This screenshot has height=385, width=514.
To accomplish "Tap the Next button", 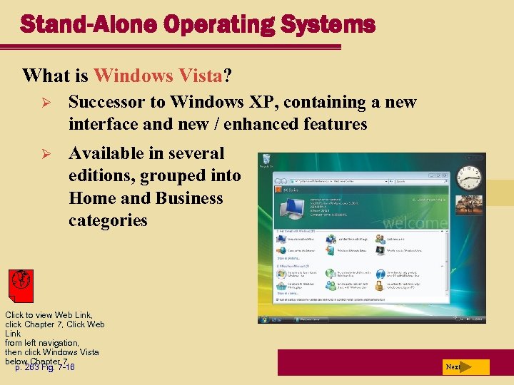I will point(465,367).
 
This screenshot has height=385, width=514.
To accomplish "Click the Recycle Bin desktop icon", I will point(267,161).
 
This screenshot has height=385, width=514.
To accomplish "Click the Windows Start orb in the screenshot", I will point(263,319).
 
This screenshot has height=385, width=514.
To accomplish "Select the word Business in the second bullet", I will point(189,198).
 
